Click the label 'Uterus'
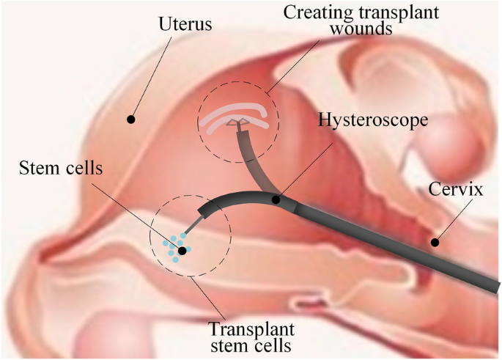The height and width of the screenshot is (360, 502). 186,25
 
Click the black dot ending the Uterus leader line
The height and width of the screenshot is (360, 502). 131,118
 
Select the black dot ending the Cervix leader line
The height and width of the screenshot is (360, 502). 434,242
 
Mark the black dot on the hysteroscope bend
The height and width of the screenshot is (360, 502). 276,199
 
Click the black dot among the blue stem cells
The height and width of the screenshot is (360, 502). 182,251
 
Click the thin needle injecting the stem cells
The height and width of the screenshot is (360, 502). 193,229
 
